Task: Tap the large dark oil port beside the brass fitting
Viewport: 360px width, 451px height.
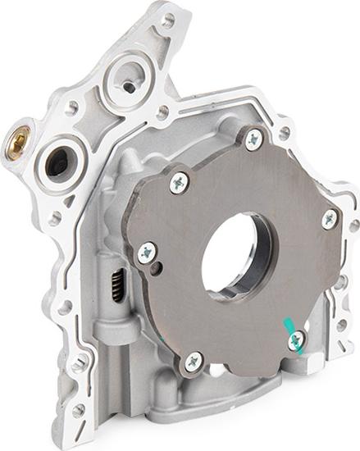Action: (59, 159)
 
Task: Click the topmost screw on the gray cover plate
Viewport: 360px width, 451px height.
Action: (254, 138)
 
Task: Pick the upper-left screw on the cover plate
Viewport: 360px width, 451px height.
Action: (179, 184)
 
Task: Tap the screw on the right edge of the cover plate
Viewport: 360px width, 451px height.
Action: (329, 219)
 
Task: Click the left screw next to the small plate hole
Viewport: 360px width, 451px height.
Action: (147, 253)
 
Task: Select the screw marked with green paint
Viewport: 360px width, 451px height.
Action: (297, 339)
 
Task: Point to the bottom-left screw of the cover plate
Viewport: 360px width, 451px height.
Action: (193, 360)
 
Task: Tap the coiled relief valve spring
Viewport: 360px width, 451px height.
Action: (118, 285)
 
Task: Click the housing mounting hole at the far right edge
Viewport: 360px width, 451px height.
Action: (354, 225)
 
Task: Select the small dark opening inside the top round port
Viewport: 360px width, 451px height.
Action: (130, 84)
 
